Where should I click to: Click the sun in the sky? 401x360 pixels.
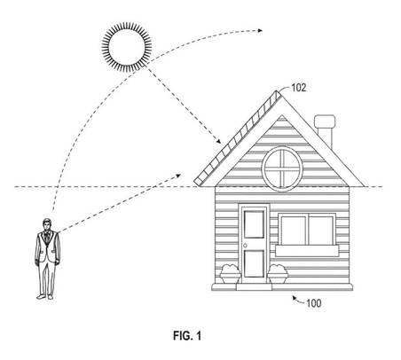pyautogui.click(x=127, y=47)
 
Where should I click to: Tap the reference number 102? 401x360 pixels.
pyautogui.click(x=299, y=88)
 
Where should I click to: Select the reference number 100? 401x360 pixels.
pyautogui.click(x=313, y=303)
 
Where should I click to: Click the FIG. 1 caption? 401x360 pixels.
pyautogui.click(x=187, y=336)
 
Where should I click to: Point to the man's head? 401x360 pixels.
pyautogui.click(x=47, y=224)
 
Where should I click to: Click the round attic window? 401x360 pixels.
pyautogui.click(x=282, y=168)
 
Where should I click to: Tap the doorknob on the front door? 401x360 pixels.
pyautogui.click(x=245, y=246)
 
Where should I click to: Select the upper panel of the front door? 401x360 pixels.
pyautogui.click(x=255, y=224)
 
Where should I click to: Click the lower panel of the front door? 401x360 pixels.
pyautogui.click(x=255, y=263)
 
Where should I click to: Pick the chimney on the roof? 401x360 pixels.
pyautogui.click(x=325, y=130)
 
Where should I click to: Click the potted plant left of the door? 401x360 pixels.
pyautogui.click(x=230, y=274)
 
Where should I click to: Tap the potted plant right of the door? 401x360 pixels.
pyautogui.click(x=278, y=274)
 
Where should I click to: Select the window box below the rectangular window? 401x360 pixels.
pyautogui.click(x=307, y=251)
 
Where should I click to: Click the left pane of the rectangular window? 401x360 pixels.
pyautogui.click(x=294, y=231)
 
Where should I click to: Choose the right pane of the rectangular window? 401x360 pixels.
pyautogui.click(x=321, y=231)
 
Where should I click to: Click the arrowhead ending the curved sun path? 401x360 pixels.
pyautogui.click(x=260, y=30)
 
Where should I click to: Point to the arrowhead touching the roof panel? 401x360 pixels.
pyautogui.click(x=218, y=141)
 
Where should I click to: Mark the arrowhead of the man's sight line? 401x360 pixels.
pyautogui.click(x=178, y=176)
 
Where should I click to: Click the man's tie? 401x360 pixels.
pyautogui.click(x=47, y=237)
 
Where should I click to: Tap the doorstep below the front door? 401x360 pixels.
pyautogui.click(x=254, y=286)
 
